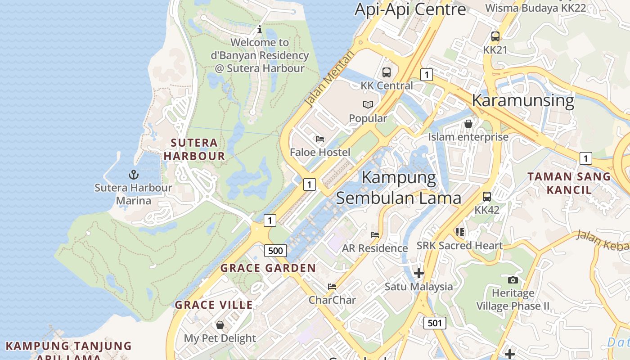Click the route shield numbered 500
tap(275, 251)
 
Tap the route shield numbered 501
tap(435, 322)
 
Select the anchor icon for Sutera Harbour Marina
tap(133, 175)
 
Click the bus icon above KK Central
tap(386, 72)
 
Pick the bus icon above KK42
tap(487, 197)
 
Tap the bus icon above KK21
tap(495, 36)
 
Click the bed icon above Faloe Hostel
tap(320, 139)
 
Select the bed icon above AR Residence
tap(374, 235)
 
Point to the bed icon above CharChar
tap(332, 287)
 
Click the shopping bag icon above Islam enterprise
tap(468, 123)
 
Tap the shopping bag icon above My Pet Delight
tap(220, 325)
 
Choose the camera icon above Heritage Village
tap(513, 280)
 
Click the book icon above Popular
tap(368, 105)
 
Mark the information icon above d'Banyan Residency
tap(260, 30)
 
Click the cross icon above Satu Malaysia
tap(419, 273)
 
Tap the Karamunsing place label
tap(523, 100)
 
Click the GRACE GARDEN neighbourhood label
tap(268, 268)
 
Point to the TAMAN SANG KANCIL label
tap(569, 183)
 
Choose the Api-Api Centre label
tap(410, 9)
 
